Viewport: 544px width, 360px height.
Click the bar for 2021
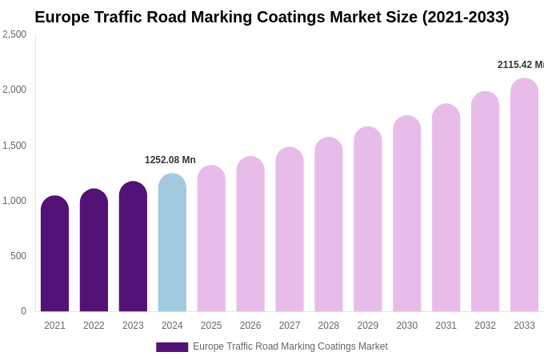tap(54, 254)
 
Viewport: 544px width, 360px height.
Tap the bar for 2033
tap(524, 195)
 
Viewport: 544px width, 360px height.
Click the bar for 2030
tap(406, 214)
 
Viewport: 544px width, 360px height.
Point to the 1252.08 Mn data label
tap(170, 160)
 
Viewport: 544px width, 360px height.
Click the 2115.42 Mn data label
tap(520, 65)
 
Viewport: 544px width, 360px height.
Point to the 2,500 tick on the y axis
tap(14, 34)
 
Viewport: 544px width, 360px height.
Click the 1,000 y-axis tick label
tap(14, 201)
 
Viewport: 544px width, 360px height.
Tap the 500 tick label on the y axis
tap(18, 256)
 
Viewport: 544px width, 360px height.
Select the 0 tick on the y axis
tap(23, 311)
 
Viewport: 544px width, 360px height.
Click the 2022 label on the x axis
tap(94, 326)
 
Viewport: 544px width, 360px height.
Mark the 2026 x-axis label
tap(250, 326)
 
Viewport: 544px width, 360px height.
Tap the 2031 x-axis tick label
tap(446, 326)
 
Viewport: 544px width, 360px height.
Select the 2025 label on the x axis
tap(211, 326)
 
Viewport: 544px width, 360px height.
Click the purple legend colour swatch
tap(172, 347)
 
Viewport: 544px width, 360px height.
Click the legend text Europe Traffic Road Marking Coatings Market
tap(290, 346)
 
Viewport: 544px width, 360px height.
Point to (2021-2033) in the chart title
tap(466, 17)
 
